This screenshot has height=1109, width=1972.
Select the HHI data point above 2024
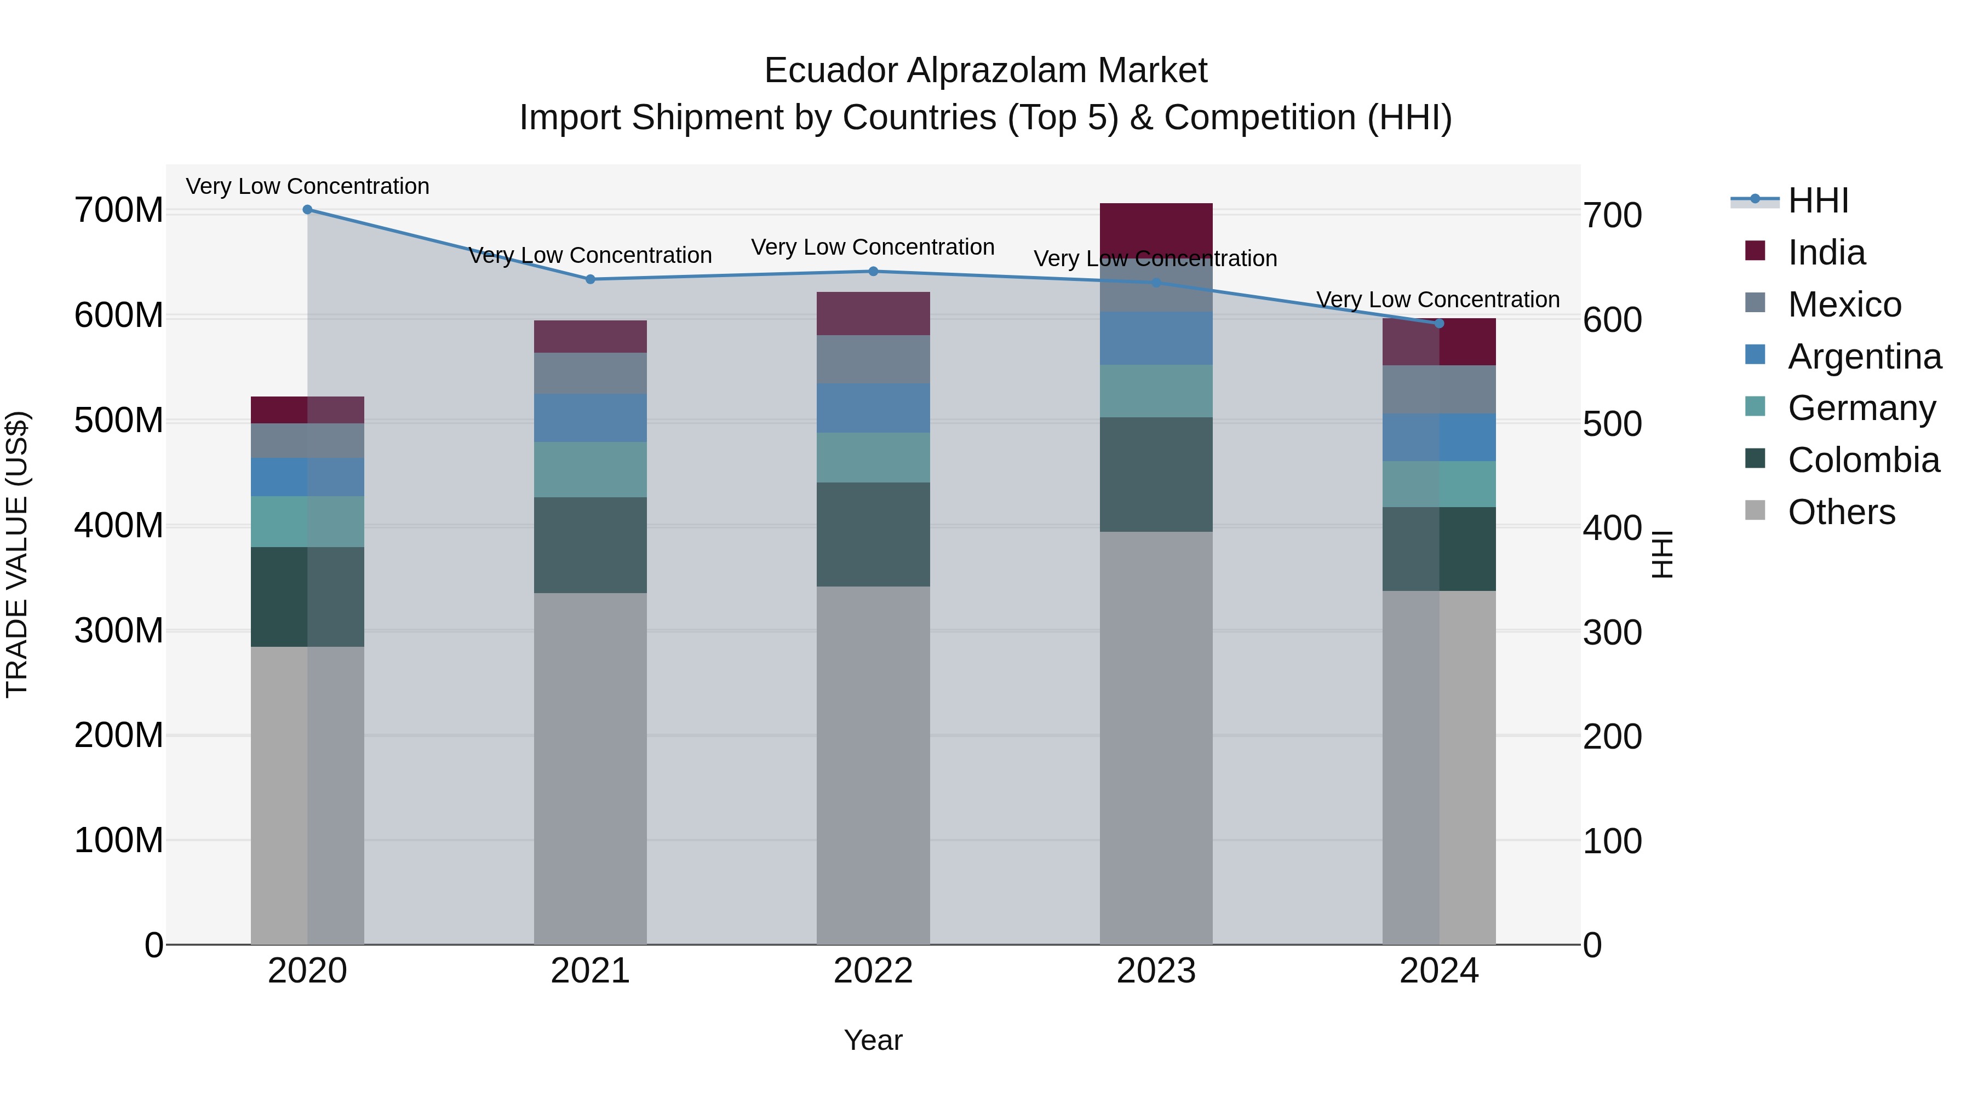1438,324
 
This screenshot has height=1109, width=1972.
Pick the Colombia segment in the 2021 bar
590,545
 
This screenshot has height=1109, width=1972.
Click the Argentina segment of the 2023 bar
1156,338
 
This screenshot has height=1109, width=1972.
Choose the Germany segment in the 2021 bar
590,470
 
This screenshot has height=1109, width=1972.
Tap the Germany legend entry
1860,408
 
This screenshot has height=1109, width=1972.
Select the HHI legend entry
1818,200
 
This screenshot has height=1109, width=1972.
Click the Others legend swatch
1755,510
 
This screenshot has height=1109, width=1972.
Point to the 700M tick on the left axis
119,210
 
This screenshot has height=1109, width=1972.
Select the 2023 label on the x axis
1156,971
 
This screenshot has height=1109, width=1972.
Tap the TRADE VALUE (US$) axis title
17,554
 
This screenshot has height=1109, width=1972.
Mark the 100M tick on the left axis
119,840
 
